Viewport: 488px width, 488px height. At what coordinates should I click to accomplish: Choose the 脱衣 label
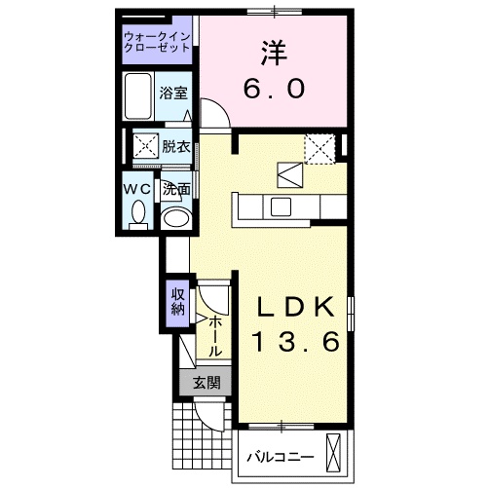(x=176, y=147)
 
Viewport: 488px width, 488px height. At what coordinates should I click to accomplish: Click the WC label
(x=137, y=188)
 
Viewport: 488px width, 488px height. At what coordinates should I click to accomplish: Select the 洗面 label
(x=175, y=189)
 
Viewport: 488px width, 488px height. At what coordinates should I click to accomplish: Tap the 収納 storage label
(x=178, y=303)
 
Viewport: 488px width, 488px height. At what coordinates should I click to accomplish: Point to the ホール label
(x=215, y=335)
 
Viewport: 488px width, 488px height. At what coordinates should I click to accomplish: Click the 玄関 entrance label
(x=206, y=383)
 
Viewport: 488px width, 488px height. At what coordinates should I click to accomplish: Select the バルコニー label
(x=280, y=455)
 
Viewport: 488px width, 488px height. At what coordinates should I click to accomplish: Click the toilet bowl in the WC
(x=137, y=211)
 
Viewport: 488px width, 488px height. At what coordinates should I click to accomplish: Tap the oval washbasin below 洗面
(x=175, y=217)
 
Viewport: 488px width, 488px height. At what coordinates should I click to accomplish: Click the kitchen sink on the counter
(x=280, y=206)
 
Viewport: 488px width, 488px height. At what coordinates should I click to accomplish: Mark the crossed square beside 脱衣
(x=146, y=147)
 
